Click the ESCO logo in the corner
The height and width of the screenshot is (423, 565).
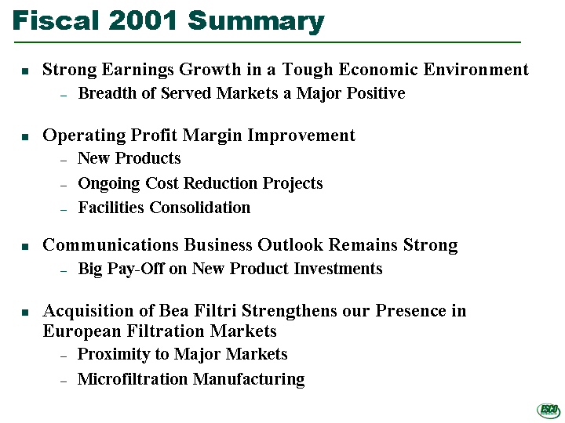pos(549,410)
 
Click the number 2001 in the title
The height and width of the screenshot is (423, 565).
pos(142,20)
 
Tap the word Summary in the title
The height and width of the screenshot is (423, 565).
pos(256,22)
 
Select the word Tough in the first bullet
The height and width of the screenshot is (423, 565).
pos(308,70)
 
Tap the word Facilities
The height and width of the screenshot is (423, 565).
pos(111,207)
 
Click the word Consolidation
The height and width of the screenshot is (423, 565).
pos(200,207)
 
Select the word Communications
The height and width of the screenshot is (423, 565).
pos(111,245)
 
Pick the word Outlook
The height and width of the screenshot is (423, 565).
pos(290,245)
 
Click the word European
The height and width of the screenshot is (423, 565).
pos(82,331)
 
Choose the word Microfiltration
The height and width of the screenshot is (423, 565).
pos(133,379)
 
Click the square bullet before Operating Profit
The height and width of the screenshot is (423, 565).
pos(25,136)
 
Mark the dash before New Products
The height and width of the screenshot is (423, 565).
pos(64,160)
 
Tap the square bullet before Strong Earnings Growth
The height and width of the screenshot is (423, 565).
pos(25,70)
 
